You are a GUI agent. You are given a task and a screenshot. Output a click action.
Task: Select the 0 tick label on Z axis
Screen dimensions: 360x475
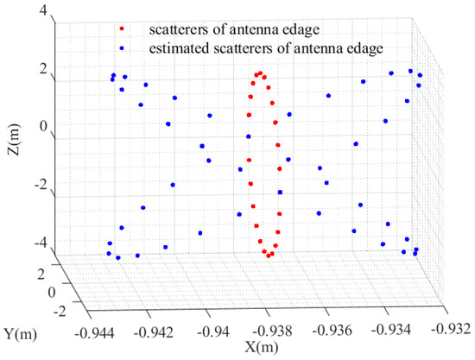[x=41, y=126]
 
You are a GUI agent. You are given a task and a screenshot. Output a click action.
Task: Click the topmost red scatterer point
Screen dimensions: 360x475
[x=260, y=73]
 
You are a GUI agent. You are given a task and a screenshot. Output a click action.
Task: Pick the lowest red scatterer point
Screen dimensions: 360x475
[x=269, y=256]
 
